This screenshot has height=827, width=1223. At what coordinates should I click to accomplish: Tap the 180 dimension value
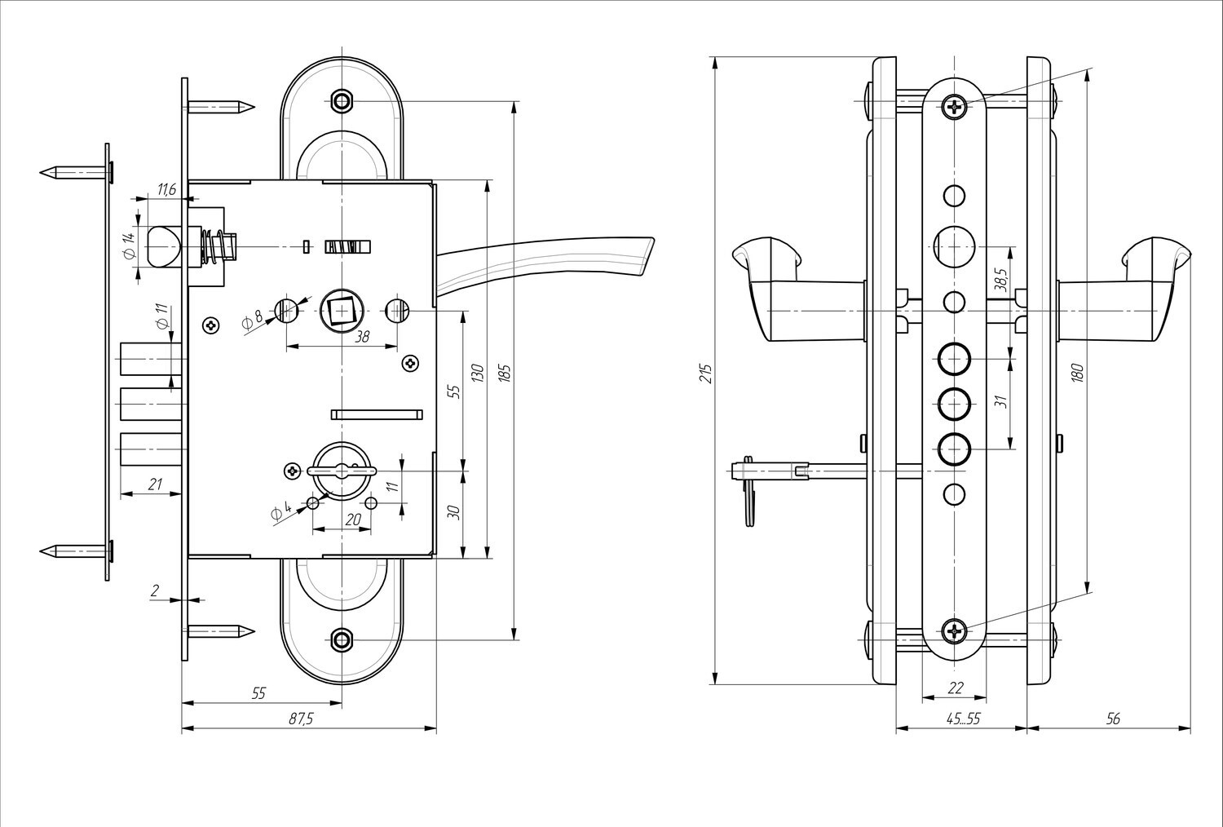[1078, 374]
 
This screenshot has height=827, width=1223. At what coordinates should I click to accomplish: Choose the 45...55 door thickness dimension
[962, 719]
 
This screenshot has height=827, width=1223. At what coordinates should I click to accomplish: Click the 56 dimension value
[1114, 719]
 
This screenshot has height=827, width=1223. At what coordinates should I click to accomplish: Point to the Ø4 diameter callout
[280, 512]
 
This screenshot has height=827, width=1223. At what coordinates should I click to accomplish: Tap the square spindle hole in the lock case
[338, 311]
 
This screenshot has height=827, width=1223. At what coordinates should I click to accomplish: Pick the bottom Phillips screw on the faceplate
[955, 630]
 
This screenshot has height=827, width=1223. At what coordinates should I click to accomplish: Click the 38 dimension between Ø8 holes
[342, 335]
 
